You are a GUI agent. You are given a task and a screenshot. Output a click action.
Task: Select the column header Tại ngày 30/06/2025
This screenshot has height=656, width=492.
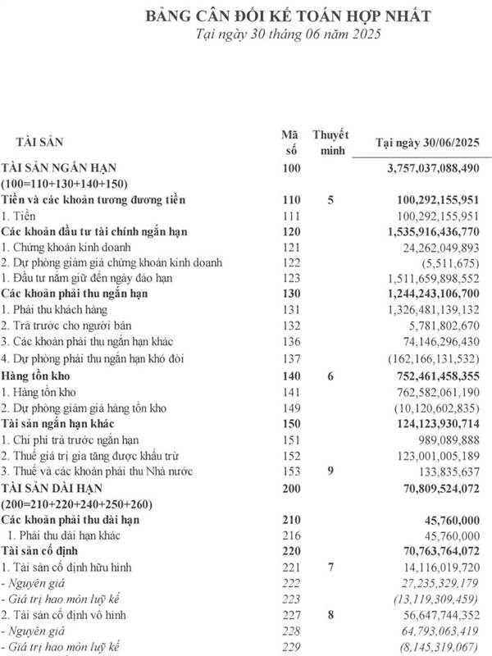(426, 143)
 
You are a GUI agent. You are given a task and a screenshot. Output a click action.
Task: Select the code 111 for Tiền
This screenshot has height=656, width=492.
(291, 216)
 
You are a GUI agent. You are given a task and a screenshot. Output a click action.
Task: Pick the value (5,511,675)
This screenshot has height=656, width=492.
(449, 263)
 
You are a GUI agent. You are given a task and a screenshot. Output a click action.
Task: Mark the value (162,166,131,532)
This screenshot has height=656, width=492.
(433, 358)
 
